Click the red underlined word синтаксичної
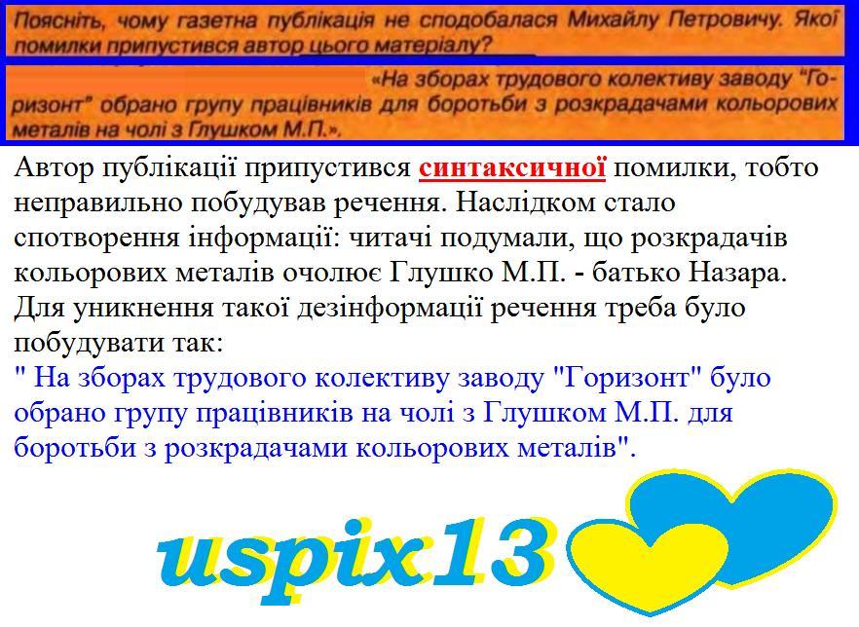[x=512, y=168]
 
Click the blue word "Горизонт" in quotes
[x=628, y=379]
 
